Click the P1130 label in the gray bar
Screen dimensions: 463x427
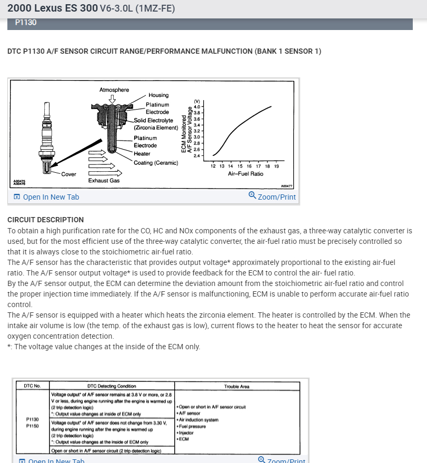click(x=26, y=23)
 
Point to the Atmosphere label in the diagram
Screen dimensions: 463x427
click(x=114, y=90)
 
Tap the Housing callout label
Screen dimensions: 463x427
click(x=158, y=95)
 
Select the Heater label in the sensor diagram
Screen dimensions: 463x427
click(x=142, y=154)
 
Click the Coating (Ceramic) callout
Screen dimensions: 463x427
click(x=156, y=163)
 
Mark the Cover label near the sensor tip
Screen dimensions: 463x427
click(x=68, y=174)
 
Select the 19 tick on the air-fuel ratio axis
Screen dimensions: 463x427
click(x=276, y=166)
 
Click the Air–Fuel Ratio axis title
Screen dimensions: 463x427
click(x=245, y=173)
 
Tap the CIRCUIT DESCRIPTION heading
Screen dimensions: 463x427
click(x=45, y=220)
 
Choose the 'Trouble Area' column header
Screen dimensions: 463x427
click(x=236, y=387)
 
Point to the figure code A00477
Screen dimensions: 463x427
click(x=286, y=186)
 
